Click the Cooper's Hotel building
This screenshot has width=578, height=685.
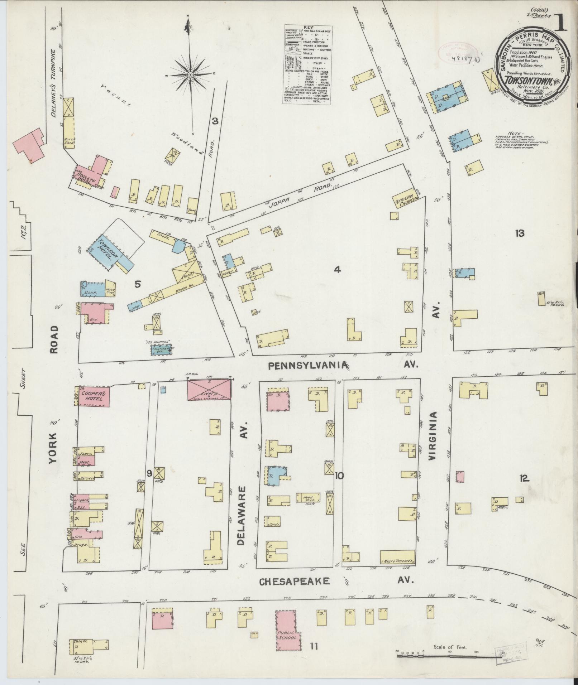pos(92,396)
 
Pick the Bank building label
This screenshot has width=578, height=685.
pos(90,293)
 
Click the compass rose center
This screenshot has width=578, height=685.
pos(190,74)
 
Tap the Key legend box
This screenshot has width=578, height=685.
pos(307,65)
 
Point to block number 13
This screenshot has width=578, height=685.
pos(520,233)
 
